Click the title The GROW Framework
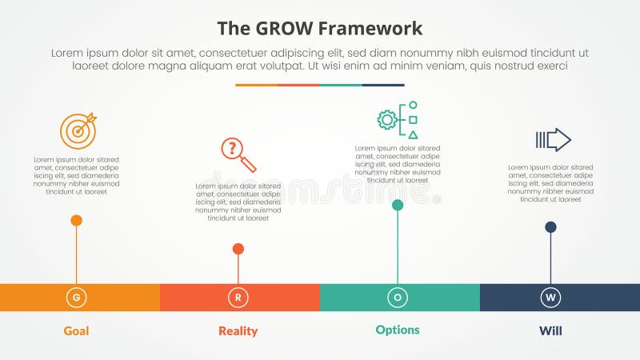coord(319,30)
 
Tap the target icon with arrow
coord(78,130)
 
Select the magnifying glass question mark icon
coord(238,154)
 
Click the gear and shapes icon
coord(398,120)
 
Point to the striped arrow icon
coord(553,140)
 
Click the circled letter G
coord(76,298)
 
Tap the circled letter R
coord(238,298)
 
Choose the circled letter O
coord(398,298)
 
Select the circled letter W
coord(550,298)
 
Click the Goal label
coord(76,331)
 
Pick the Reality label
coord(238,331)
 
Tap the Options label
coord(398,330)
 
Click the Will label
coord(550,331)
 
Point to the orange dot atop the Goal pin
coord(76,220)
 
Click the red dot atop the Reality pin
coord(238,249)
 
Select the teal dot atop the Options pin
coord(398,205)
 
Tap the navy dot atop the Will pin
coord(550,227)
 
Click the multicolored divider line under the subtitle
coord(319,85)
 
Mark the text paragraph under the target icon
coord(76,176)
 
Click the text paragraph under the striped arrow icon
coord(550,183)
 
